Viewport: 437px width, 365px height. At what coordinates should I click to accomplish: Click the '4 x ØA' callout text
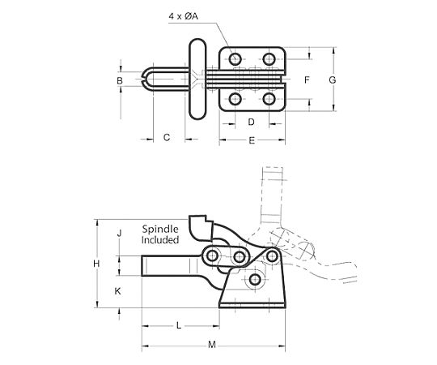point(183,16)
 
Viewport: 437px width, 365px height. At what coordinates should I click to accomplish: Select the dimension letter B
point(120,81)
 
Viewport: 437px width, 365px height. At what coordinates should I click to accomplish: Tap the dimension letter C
point(167,137)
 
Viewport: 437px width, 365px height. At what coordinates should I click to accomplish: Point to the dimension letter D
point(251,122)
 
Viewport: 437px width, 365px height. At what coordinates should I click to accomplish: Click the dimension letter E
point(252,140)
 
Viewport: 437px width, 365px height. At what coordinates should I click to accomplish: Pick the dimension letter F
point(307,80)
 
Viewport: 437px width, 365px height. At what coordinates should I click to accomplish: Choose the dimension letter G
point(333,80)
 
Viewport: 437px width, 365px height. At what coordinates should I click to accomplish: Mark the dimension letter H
point(96,264)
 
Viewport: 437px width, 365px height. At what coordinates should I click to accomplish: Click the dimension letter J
point(119,233)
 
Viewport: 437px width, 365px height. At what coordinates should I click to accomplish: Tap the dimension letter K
point(117,291)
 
